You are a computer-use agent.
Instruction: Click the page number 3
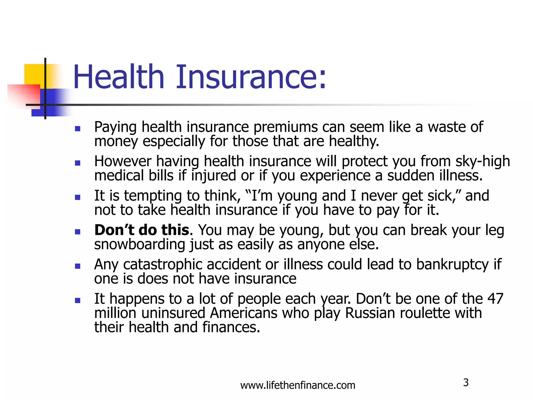pyautogui.click(x=466, y=383)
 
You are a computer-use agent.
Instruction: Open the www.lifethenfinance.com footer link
pyautogui.click(x=298, y=385)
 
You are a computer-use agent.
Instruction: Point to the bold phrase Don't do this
pyautogui.click(x=142, y=230)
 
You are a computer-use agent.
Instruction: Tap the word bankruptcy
pyautogui.click(x=453, y=264)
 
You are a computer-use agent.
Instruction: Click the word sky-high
pyautogui.click(x=483, y=161)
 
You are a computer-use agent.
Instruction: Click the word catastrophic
pyautogui.click(x=163, y=264)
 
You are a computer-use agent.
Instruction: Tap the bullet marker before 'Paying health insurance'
pyautogui.click(x=77, y=129)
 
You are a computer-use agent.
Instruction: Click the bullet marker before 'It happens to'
pyautogui.click(x=77, y=301)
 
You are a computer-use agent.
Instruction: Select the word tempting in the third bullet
pyautogui.click(x=153, y=196)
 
